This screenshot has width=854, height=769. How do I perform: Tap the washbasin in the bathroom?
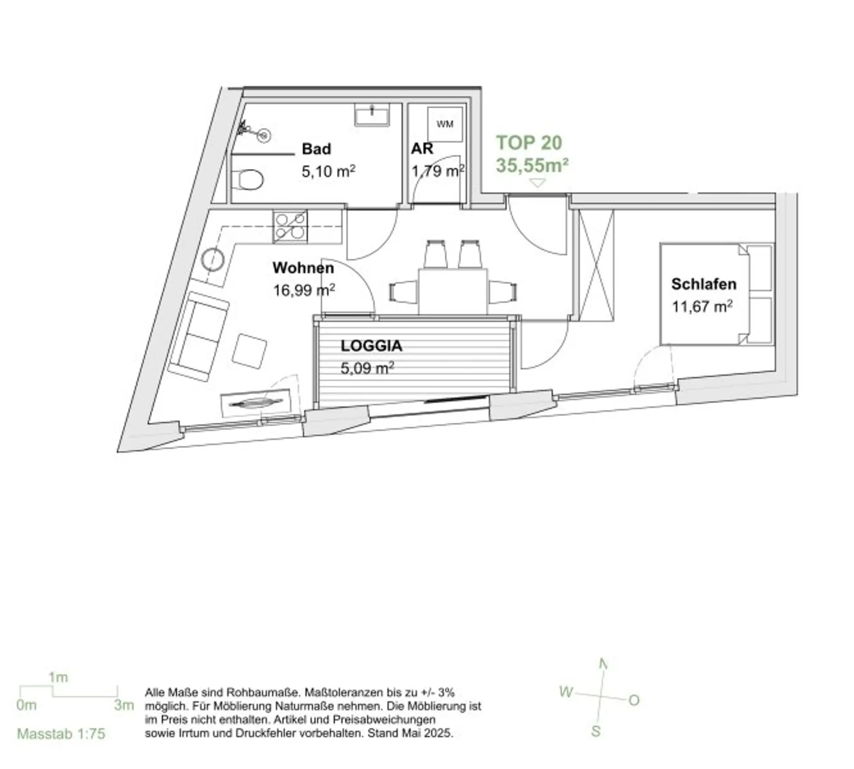(372, 115)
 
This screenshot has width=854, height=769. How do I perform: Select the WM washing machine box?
(445, 124)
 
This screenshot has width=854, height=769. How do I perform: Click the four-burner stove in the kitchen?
(290, 227)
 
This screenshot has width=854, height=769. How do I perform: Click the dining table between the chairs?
(453, 291)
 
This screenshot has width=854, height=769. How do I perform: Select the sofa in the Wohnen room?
(199, 336)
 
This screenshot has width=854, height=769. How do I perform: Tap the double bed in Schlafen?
(717, 294)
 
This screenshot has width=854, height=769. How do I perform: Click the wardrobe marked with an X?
(596, 265)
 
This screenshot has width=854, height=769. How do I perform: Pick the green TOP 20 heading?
(529, 143)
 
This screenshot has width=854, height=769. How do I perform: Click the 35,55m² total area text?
(532, 165)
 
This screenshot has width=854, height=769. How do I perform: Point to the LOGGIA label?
(371, 346)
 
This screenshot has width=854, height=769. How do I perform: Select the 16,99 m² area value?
(304, 290)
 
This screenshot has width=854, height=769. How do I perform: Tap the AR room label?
(422, 148)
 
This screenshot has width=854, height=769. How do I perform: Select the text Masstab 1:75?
(61, 733)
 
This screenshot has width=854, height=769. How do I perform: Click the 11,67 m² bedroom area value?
(702, 307)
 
